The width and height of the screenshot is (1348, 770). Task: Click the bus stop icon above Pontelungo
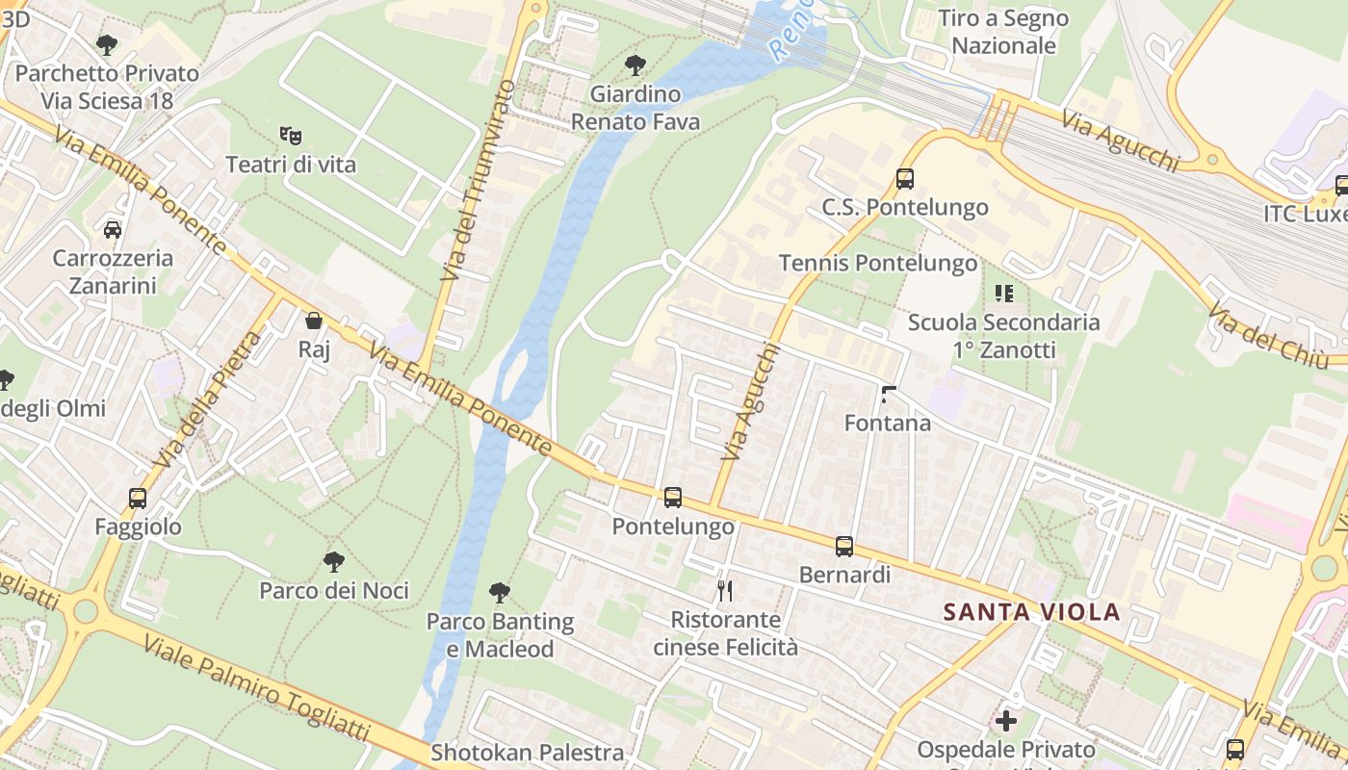point(673,498)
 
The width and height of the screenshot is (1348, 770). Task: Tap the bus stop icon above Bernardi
point(844,547)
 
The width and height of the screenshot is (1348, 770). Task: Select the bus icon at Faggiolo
point(138,499)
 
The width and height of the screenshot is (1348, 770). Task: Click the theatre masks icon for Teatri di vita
point(290,136)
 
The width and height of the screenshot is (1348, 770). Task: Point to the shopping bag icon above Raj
point(314,321)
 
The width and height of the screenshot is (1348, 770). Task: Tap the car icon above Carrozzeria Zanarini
point(113,230)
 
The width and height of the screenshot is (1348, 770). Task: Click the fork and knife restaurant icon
point(725,590)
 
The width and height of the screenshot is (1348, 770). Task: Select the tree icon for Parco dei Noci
point(333,561)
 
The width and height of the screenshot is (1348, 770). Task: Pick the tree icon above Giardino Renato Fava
point(635,65)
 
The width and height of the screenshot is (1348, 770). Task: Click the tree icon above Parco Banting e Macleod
point(500,593)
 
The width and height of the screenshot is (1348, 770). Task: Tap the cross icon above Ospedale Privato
point(1006,720)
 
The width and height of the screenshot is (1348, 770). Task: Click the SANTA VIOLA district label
point(1031,612)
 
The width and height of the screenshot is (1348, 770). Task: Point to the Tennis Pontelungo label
point(877,263)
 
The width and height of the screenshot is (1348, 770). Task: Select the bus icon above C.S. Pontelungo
point(904,178)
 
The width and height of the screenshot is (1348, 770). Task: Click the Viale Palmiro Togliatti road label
point(255,700)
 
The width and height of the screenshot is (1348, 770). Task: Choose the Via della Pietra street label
point(206,400)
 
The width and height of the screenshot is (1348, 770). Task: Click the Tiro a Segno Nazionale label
point(1002,32)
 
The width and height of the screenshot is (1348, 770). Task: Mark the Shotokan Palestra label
point(527,753)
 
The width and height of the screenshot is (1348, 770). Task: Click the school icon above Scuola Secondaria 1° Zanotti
point(1004,293)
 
